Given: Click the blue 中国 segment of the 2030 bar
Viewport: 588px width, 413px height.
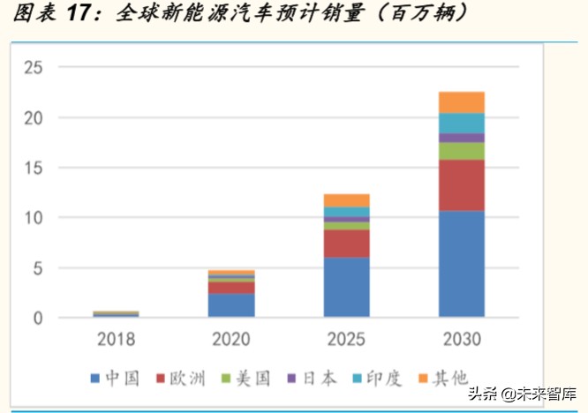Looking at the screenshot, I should pyautogui.click(x=461, y=264).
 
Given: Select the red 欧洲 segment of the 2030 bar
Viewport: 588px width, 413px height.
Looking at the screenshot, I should pyautogui.click(x=461, y=185).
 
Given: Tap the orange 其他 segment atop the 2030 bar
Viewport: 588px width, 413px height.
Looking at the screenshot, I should pyautogui.click(x=461, y=102).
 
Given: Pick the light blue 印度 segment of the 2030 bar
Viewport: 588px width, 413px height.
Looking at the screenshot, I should pyautogui.click(x=461, y=123).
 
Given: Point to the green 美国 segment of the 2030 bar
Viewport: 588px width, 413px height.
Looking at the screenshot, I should pyautogui.click(x=461, y=151).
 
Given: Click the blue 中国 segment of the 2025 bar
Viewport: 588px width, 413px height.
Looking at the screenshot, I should pyautogui.click(x=346, y=287).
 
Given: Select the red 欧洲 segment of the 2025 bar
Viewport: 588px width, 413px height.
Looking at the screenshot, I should pyautogui.click(x=346, y=244).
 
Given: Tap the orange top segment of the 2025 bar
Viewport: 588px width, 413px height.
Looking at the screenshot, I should pyautogui.click(x=346, y=200).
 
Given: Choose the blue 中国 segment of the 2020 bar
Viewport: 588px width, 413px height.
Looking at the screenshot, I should pyautogui.click(x=231, y=305).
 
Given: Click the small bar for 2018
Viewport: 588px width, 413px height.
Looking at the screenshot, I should pyautogui.click(x=116, y=313).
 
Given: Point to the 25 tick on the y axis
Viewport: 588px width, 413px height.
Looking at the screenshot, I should pyautogui.click(x=34, y=67).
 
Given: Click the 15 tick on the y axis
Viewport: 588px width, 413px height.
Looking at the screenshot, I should pyautogui.click(x=34, y=168).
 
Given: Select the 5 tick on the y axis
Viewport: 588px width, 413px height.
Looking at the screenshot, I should pyautogui.click(x=38, y=268).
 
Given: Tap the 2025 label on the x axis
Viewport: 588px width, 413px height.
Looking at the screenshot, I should pyautogui.click(x=346, y=339).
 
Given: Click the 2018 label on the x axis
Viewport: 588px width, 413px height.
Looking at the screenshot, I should pyautogui.click(x=116, y=339).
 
